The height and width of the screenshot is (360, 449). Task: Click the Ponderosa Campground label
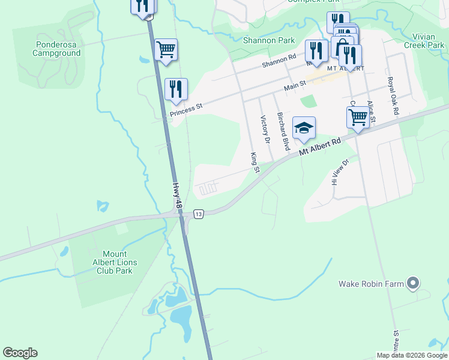click(x=58, y=49)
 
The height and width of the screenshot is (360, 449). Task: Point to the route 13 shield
click(x=199, y=214)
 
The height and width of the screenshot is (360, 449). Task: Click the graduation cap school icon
click(x=304, y=127)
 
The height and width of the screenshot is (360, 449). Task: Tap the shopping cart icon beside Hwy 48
click(x=166, y=50)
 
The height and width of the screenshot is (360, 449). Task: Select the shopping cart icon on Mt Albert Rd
click(x=358, y=117)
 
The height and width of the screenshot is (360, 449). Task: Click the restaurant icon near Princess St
click(x=176, y=89)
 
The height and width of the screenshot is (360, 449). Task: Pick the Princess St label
click(x=187, y=109)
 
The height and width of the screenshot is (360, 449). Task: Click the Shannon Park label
click(x=268, y=40)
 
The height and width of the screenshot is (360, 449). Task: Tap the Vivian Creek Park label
click(x=423, y=41)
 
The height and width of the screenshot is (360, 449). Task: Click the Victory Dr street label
click(x=265, y=130)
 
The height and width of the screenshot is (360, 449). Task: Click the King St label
click(x=254, y=162)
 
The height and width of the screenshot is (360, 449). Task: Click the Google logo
click(x=20, y=353)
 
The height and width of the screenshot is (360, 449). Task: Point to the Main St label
click(x=295, y=87)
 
